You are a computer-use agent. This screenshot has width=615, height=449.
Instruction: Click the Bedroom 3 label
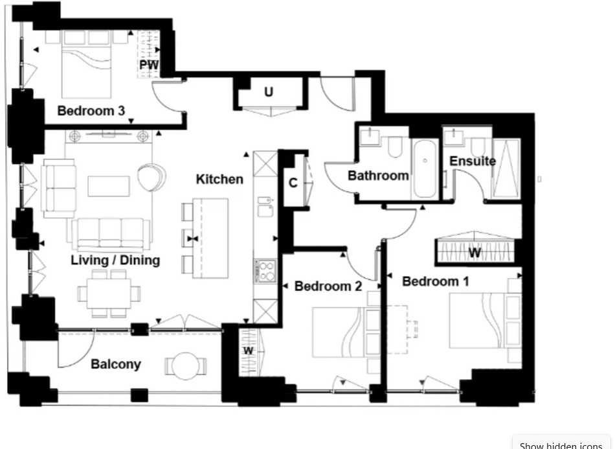91,111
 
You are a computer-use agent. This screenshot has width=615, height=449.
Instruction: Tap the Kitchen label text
220,179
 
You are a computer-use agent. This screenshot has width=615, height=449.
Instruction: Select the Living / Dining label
115,260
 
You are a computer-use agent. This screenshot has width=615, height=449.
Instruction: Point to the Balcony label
115,364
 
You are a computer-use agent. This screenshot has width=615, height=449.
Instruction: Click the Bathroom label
378,175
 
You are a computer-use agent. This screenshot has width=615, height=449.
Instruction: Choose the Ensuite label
473,161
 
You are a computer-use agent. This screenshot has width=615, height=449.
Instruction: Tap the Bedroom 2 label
328,286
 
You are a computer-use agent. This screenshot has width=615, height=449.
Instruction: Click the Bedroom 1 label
436,281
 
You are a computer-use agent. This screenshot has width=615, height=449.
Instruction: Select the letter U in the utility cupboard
269,92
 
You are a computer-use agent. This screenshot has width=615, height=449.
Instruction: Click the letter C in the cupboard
293,183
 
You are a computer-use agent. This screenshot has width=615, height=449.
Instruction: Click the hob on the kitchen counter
265,271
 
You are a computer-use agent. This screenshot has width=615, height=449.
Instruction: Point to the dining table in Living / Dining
108,294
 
